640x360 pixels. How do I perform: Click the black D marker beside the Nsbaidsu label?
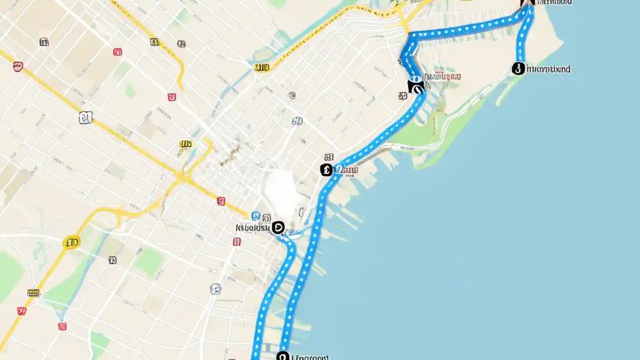click(278, 227)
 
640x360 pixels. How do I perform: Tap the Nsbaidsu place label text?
click(252, 228)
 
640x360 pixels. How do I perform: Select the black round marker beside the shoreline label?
click(518, 68)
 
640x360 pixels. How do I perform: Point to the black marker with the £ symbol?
click(326, 170)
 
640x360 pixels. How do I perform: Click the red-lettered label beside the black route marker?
click(442, 77)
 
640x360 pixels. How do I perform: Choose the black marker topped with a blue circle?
click(415, 85)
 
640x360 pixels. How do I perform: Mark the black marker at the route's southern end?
click(282, 356)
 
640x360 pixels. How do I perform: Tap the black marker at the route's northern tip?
click(527, 2)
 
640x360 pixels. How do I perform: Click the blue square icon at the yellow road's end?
click(255, 216)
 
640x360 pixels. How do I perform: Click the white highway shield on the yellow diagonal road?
click(85, 118)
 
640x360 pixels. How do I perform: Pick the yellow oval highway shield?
click(71, 243)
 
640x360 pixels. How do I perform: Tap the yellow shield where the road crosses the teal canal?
click(261, 67)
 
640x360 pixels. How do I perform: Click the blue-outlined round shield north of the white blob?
click(297, 120)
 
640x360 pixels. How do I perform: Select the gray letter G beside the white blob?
click(301, 212)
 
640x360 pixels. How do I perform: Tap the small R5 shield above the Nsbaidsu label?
click(266, 217)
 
